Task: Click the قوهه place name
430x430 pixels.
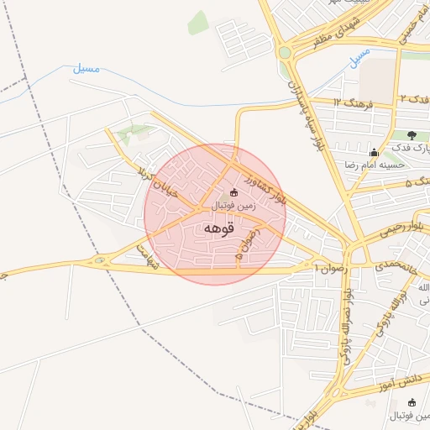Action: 217,228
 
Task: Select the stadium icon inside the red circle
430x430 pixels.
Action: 233,194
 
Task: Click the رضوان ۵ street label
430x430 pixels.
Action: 247,244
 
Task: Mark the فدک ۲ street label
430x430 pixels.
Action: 414,98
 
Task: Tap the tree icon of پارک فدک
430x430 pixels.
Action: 412,135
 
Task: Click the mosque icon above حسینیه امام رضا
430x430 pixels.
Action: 374,152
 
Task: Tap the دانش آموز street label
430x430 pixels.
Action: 401,380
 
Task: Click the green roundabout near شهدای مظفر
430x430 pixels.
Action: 285,53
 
